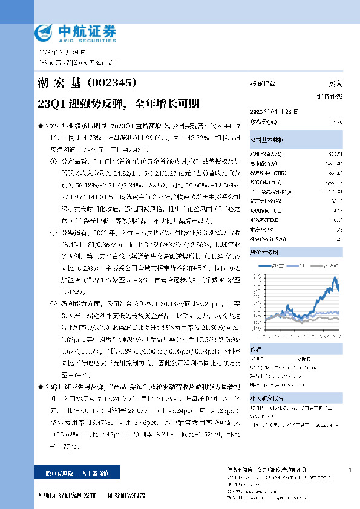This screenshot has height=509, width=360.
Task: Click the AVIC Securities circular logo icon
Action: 44,31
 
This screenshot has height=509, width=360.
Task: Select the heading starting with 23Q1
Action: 110,102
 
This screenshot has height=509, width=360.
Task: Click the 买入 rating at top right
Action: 335,84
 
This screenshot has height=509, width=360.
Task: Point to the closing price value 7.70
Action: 338,122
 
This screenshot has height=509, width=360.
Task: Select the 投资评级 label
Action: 263,84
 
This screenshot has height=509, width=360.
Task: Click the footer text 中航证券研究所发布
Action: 67,494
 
